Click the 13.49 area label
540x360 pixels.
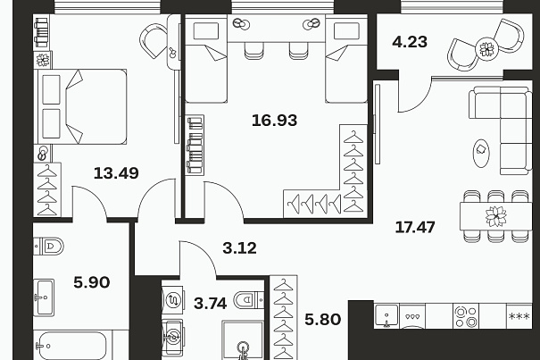(x=116, y=172)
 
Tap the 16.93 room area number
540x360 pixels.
(x=275, y=121)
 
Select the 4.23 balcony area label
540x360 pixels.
(x=410, y=42)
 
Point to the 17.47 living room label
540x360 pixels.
(x=415, y=227)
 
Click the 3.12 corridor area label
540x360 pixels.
(x=240, y=248)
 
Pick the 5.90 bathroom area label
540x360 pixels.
(x=92, y=282)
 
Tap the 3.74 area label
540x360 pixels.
(x=210, y=304)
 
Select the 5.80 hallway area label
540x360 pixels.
(x=323, y=319)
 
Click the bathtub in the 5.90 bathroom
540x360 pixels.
(x=72, y=346)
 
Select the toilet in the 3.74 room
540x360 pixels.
(x=249, y=300)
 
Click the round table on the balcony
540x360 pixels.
(x=487, y=48)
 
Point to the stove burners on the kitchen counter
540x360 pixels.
(x=466, y=317)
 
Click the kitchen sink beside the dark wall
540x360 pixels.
(x=386, y=315)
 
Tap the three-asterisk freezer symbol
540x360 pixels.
(x=519, y=316)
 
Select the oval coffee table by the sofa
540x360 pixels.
(x=481, y=153)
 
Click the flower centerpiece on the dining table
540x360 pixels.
(x=496, y=216)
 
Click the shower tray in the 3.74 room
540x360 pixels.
(x=243, y=340)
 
